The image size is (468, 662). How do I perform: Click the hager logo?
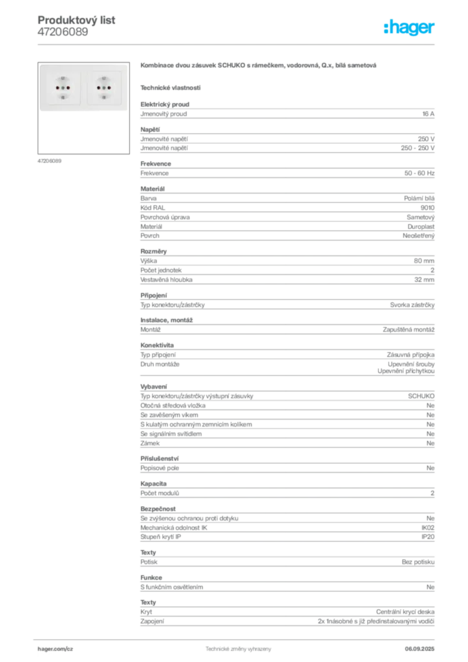point(409,27)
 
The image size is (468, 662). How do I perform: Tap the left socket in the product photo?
point(63,88)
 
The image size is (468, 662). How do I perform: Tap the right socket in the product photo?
point(104,88)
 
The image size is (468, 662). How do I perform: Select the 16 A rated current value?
point(428,114)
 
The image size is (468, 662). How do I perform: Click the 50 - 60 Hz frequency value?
point(419,173)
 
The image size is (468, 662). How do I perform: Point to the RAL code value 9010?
point(427,208)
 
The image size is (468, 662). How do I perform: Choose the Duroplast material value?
point(421,227)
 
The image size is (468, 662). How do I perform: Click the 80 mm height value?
point(423,261)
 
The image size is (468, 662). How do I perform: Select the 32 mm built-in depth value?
point(424,279)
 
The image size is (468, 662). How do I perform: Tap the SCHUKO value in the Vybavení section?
point(421,396)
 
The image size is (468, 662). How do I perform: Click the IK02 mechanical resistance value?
point(427,528)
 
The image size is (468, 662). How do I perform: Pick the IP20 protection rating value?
point(427,537)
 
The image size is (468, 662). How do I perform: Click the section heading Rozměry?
point(154,251)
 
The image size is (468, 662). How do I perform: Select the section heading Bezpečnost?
point(158,509)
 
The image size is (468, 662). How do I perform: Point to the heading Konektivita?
point(157,345)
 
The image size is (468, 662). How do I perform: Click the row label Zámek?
point(150,443)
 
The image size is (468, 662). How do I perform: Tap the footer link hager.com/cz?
point(56,649)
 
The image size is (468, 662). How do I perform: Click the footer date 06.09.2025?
point(420,649)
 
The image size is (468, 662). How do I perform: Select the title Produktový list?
point(76,20)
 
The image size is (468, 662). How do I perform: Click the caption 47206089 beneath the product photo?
point(49,161)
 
